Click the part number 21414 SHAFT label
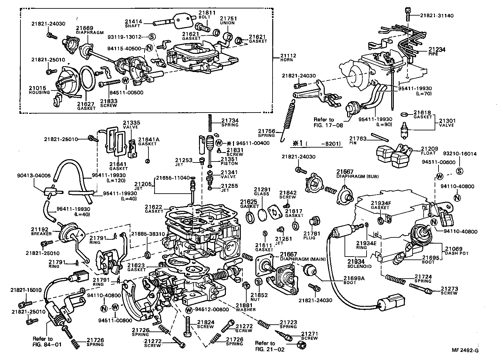pyautogui.click(x=133, y=23)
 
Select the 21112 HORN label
pyautogui.click(x=288, y=57)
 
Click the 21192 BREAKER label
pyautogui.click(x=41, y=231)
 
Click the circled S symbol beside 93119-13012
pyautogui.click(x=152, y=36)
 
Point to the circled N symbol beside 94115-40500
pyautogui.click(x=149, y=48)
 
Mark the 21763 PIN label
pyautogui.click(x=358, y=140)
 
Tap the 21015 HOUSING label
pyautogui.click(x=39, y=90)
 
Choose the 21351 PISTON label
pyautogui.click(x=229, y=161)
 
